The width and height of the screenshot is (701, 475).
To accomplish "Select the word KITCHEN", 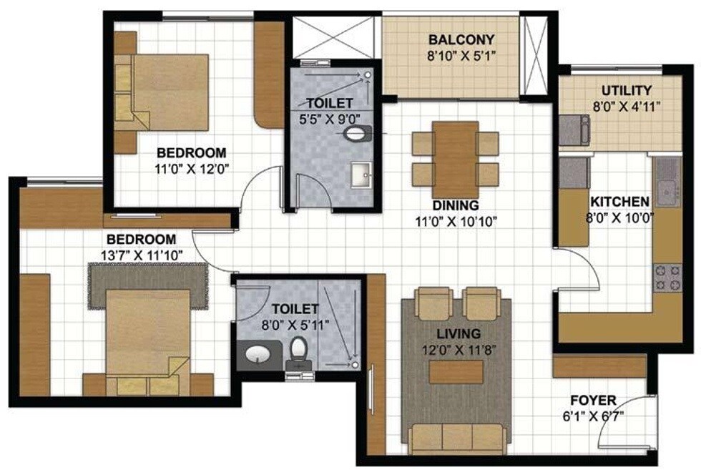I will (619, 202).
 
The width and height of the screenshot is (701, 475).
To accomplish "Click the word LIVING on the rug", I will (459, 333).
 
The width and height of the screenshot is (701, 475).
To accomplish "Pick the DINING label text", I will (456, 206).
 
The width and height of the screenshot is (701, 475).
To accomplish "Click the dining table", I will (456, 159).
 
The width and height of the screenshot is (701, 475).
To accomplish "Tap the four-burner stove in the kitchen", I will (668, 278).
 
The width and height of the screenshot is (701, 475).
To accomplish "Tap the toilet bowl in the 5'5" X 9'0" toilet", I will (358, 132).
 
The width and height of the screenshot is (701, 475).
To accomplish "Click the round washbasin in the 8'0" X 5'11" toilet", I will (255, 353).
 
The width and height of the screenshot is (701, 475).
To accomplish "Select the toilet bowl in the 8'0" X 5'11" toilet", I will (298, 351).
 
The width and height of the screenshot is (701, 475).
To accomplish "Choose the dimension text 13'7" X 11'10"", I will (146, 254).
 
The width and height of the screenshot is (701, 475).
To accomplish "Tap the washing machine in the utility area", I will (574, 129).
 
